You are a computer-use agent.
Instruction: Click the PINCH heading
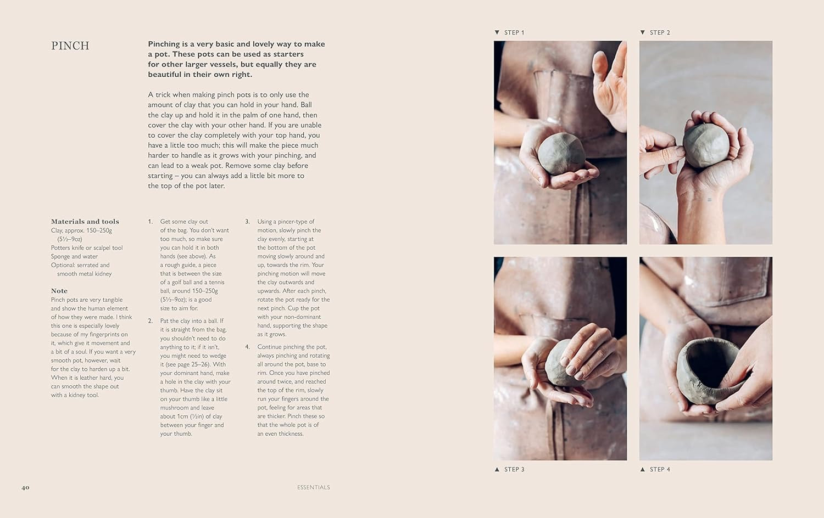70,46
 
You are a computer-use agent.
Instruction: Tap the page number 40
25,487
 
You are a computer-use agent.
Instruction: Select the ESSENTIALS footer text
314,487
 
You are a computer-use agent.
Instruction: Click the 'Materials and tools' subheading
85,222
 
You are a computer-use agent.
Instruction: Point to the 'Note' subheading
59,291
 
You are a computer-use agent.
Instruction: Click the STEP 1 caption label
514,33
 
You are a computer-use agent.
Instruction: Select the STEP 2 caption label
660,33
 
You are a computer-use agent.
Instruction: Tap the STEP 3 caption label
514,469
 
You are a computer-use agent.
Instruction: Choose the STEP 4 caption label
660,469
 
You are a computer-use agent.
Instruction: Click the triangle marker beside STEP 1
497,32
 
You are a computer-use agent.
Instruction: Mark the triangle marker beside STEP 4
643,469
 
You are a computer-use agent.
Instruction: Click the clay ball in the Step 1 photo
561,154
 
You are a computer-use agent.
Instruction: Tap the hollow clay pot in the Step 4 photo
708,371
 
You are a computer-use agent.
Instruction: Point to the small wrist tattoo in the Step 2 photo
710,200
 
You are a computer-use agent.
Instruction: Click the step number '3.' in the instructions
248,222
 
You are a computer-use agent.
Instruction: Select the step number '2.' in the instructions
151,320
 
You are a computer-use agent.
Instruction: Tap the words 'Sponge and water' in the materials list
74,256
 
